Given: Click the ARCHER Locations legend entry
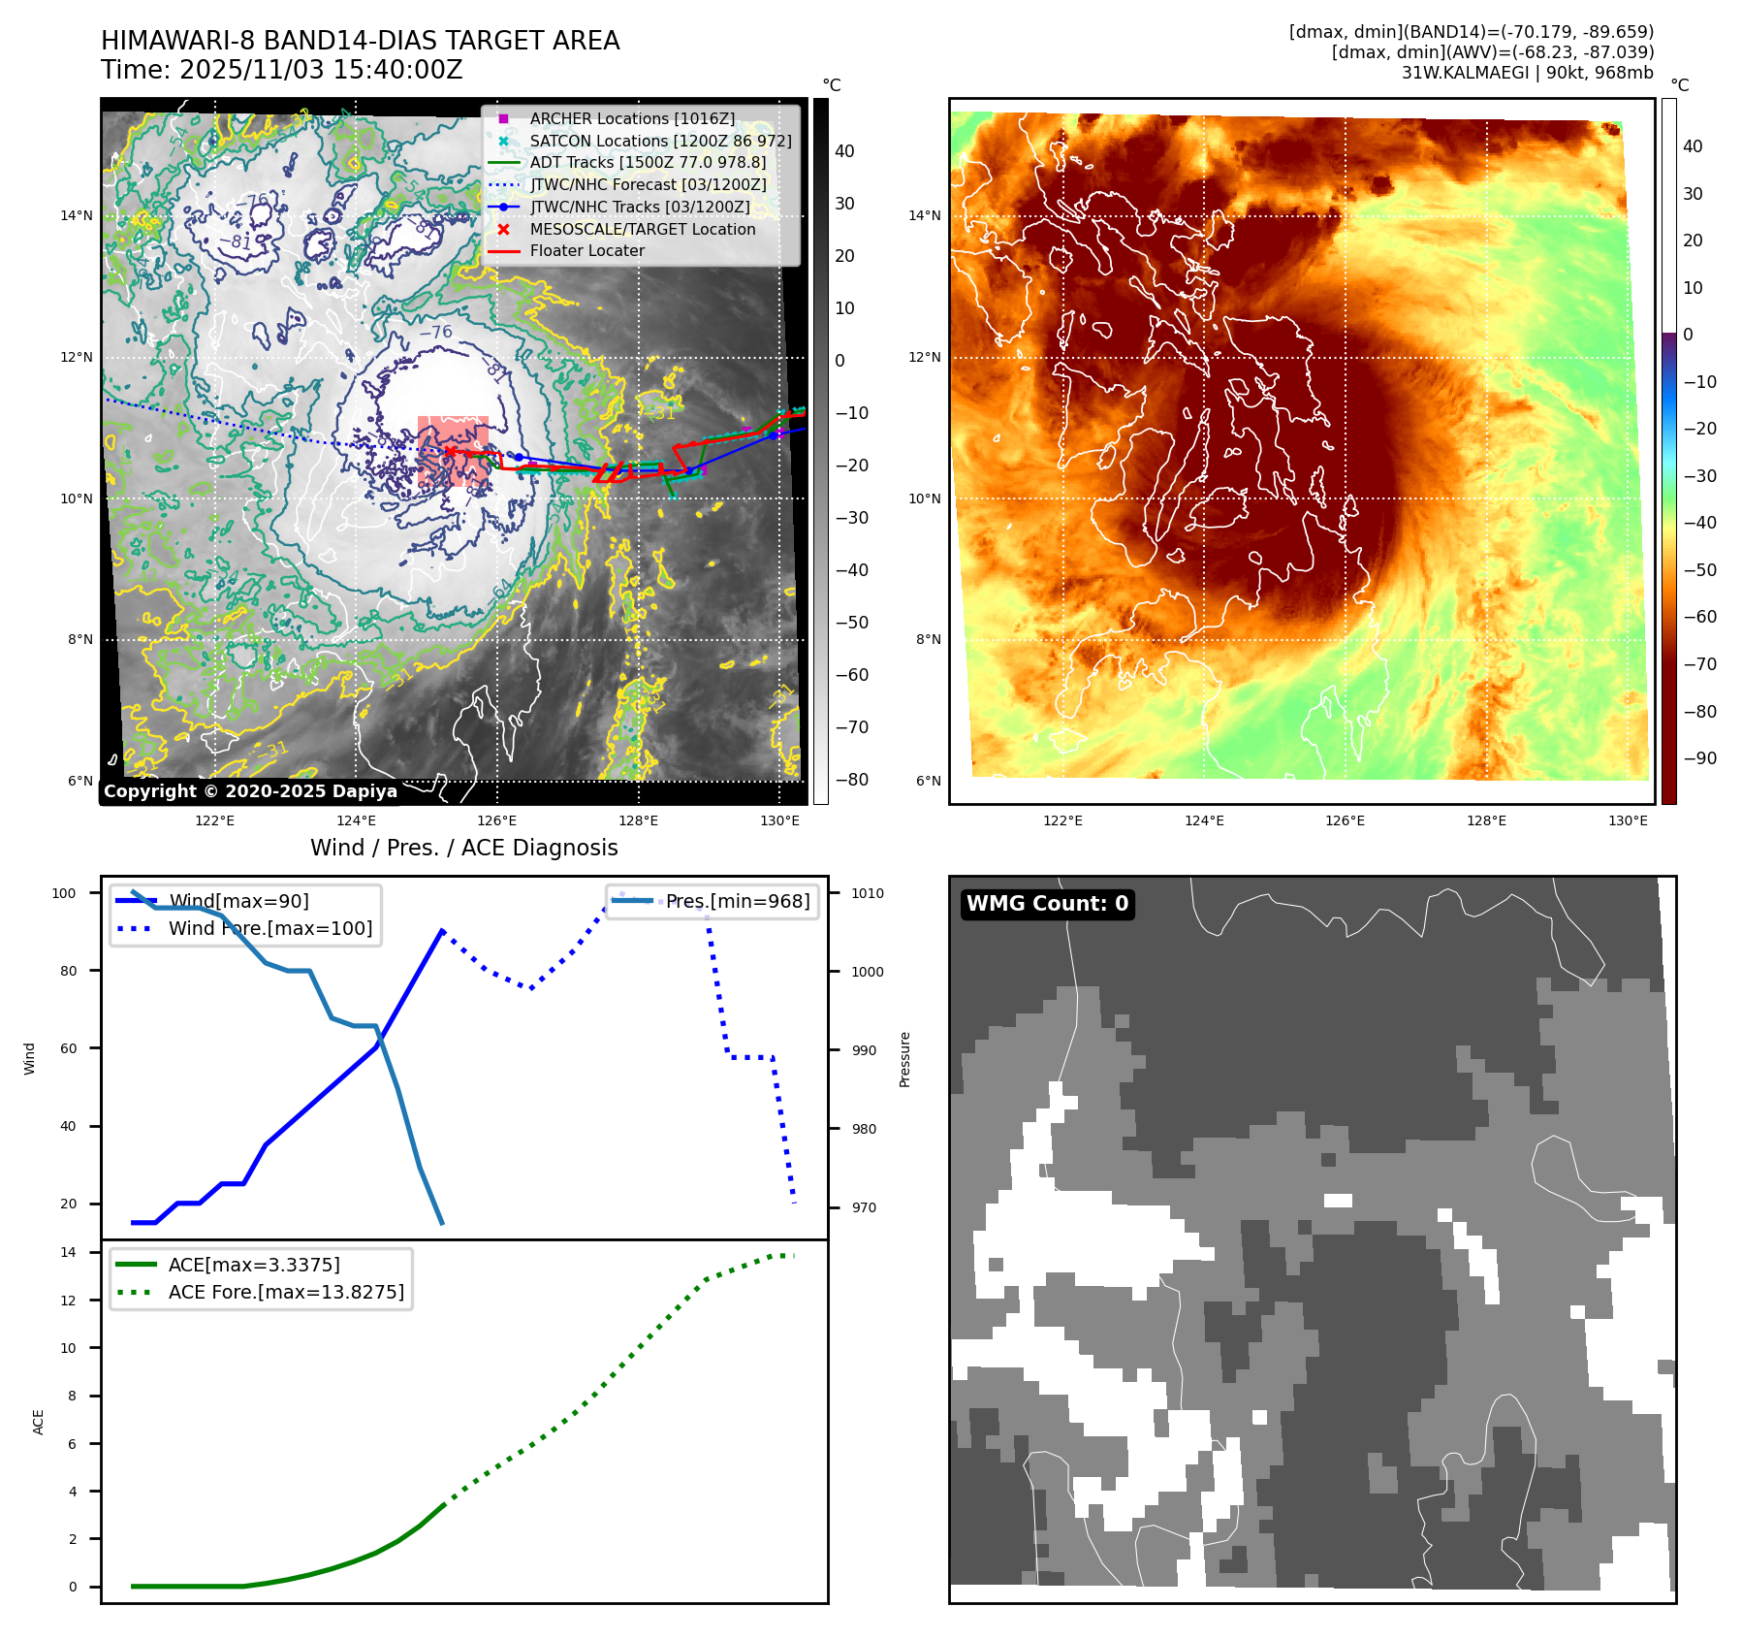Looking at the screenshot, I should [x=631, y=118].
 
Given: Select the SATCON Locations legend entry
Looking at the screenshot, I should [x=659, y=141].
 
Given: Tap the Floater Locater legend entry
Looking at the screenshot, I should [x=586, y=250].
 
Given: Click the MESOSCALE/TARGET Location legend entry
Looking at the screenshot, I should [x=642, y=229].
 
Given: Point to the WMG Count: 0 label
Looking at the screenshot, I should [x=1047, y=904].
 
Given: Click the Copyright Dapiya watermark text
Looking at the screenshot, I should [x=250, y=791].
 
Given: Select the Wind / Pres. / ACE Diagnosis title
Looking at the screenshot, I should [x=463, y=848].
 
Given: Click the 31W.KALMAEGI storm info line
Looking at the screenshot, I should [x=1527, y=73].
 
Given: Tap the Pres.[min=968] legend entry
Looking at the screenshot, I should [x=737, y=901].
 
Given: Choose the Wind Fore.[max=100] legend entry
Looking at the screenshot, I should [x=269, y=928].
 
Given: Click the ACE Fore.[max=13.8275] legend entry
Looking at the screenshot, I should [x=286, y=1292].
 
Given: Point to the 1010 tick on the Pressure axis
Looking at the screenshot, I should [x=868, y=893].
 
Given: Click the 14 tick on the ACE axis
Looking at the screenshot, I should [x=69, y=1252].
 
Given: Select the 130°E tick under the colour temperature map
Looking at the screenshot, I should [x=1628, y=820].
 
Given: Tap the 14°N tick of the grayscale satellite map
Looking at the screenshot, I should [x=77, y=215].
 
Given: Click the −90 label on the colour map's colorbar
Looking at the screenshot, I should [x=1699, y=758].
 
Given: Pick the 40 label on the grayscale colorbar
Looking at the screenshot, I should [x=844, y=151].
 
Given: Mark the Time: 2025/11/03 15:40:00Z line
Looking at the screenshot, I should [x=281, y=70].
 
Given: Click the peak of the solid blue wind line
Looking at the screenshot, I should [x=442, y=931].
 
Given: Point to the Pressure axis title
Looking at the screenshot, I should [x=904, y=1059].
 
